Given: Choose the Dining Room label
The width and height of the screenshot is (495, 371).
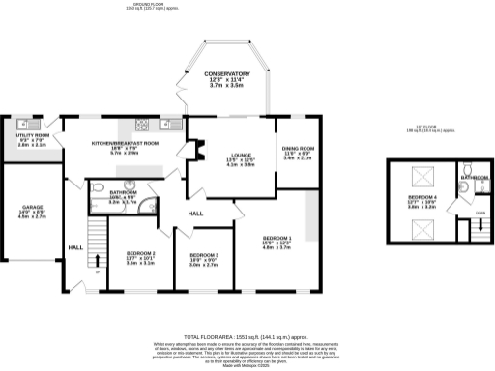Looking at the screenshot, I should coord(297,153).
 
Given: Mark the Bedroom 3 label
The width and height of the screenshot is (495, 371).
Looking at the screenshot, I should coord(203,258).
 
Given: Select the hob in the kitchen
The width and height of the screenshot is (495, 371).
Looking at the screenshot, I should coord(141,124).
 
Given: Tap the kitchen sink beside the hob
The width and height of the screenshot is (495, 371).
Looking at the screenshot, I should coord(166,124).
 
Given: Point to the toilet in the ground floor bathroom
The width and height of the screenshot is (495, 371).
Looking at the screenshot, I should coord(102,189).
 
